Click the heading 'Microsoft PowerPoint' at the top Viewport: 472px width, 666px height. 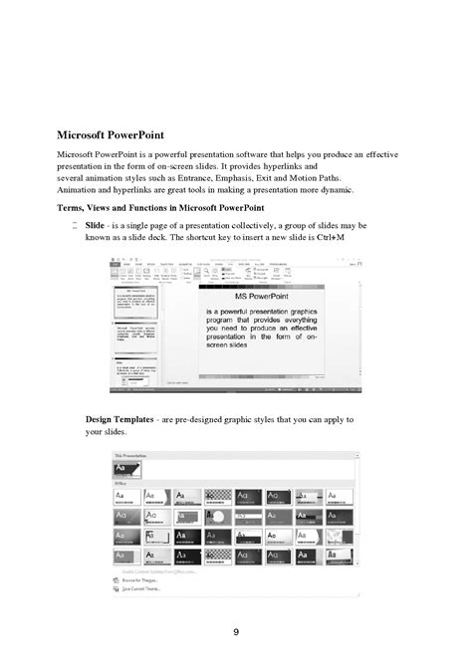(111, 135)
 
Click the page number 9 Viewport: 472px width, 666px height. (236, 631)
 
